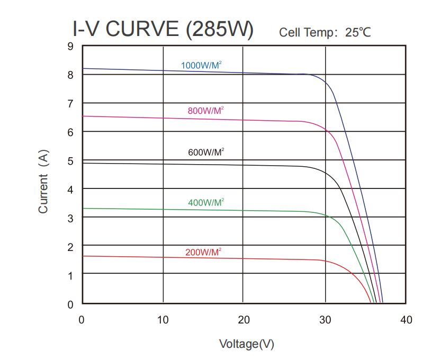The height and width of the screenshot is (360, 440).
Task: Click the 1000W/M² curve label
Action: click(201, 66)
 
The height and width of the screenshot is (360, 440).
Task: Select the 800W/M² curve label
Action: click(205, 111)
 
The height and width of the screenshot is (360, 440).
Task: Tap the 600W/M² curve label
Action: click(206, 152)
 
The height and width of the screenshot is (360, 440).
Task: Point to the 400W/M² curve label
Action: click(205, 203)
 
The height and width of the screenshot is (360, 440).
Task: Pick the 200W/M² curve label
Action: click(203, 252)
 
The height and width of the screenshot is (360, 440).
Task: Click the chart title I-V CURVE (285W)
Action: click(163, 30)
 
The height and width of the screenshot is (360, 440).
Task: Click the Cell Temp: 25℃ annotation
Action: click(325, 33)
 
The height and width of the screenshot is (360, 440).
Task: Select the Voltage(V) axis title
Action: click(247, 344)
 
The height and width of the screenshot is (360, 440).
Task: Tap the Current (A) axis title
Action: click(43, 182)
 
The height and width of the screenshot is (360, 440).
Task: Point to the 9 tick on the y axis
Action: click(70, 46)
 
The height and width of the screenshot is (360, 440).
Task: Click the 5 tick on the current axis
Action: click(70, 161)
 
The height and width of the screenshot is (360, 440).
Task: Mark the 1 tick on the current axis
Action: click(70, 275)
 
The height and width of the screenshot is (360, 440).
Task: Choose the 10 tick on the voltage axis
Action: click(163, 320)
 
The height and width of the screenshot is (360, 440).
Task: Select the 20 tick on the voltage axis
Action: click(244, 320)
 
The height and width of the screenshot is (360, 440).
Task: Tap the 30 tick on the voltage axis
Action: click(325, 320)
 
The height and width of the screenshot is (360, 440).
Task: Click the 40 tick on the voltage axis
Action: click(406, 320)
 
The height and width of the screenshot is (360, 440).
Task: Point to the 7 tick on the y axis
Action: click(70, 104)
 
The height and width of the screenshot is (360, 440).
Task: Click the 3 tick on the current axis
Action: click(70, 218)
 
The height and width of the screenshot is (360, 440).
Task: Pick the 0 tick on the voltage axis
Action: click(82, 320)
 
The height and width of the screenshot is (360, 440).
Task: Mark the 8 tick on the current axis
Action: click(70, 75)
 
